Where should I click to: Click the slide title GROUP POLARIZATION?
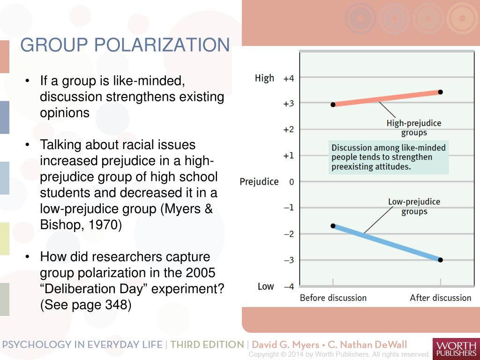click(x=125, y=45)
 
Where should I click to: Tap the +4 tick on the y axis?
click(x=288, y=78)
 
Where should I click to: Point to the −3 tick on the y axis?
click(x=288, y=260)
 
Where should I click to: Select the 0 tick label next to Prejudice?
click(x=292, y=182)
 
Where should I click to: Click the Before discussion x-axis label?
click(x=333, y=298)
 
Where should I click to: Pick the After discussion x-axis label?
click(x=440, y=298)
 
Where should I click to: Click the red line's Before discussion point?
click(x=333, y=105)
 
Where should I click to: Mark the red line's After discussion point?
click(x=440, y=92)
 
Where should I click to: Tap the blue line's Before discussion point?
click(x=333, y=225)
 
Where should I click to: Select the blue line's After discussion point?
click(x=440, y=260)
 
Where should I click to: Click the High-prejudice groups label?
click(x=413, y=128)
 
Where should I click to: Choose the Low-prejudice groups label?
click(x=414, y=207)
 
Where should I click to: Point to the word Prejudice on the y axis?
click(x=259, y=182)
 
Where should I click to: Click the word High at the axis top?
click(x=264, y=78)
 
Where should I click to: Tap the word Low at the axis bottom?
click(x=265, y=286)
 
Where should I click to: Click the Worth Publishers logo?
click(x=455, y=348)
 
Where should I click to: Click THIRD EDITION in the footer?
click(x=207, y=345)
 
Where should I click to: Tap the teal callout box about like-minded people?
click(x=389, y=157)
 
